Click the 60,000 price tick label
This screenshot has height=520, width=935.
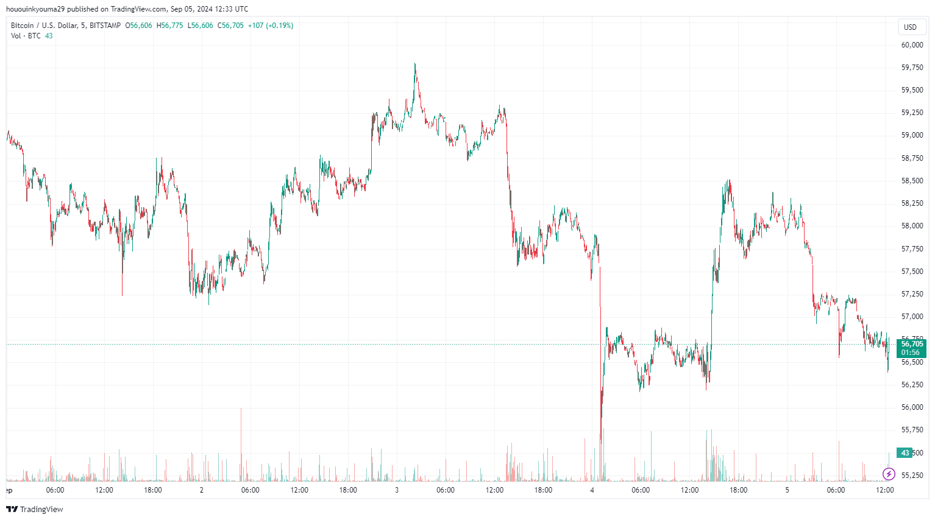pos(912,45)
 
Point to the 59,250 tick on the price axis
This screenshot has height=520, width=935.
pos(912,113)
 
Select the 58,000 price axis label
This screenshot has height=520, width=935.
pos(912,226)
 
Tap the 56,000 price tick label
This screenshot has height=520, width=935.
pos(912,407)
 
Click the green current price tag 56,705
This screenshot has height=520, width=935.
pos(912,344)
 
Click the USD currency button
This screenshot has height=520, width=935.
pos(910,27)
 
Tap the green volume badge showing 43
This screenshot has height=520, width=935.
pos(905,453)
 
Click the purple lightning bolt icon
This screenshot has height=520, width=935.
pos(889,474)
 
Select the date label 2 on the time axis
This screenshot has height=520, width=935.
pos(202,490)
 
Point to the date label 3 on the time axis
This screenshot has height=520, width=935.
pos(397,490)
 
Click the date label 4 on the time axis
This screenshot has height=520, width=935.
pos(592,490)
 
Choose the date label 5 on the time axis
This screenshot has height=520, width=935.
pos(787,490)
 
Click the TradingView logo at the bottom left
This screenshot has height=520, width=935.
pos(35,509)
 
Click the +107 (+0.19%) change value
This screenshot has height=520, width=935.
pos(270,26)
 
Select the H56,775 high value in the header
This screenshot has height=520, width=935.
pos(169,26)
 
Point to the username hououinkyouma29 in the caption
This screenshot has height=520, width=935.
pos(35,9)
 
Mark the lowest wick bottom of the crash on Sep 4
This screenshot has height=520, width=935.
pos(600,443)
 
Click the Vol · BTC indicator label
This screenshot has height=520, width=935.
pos(26,36)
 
